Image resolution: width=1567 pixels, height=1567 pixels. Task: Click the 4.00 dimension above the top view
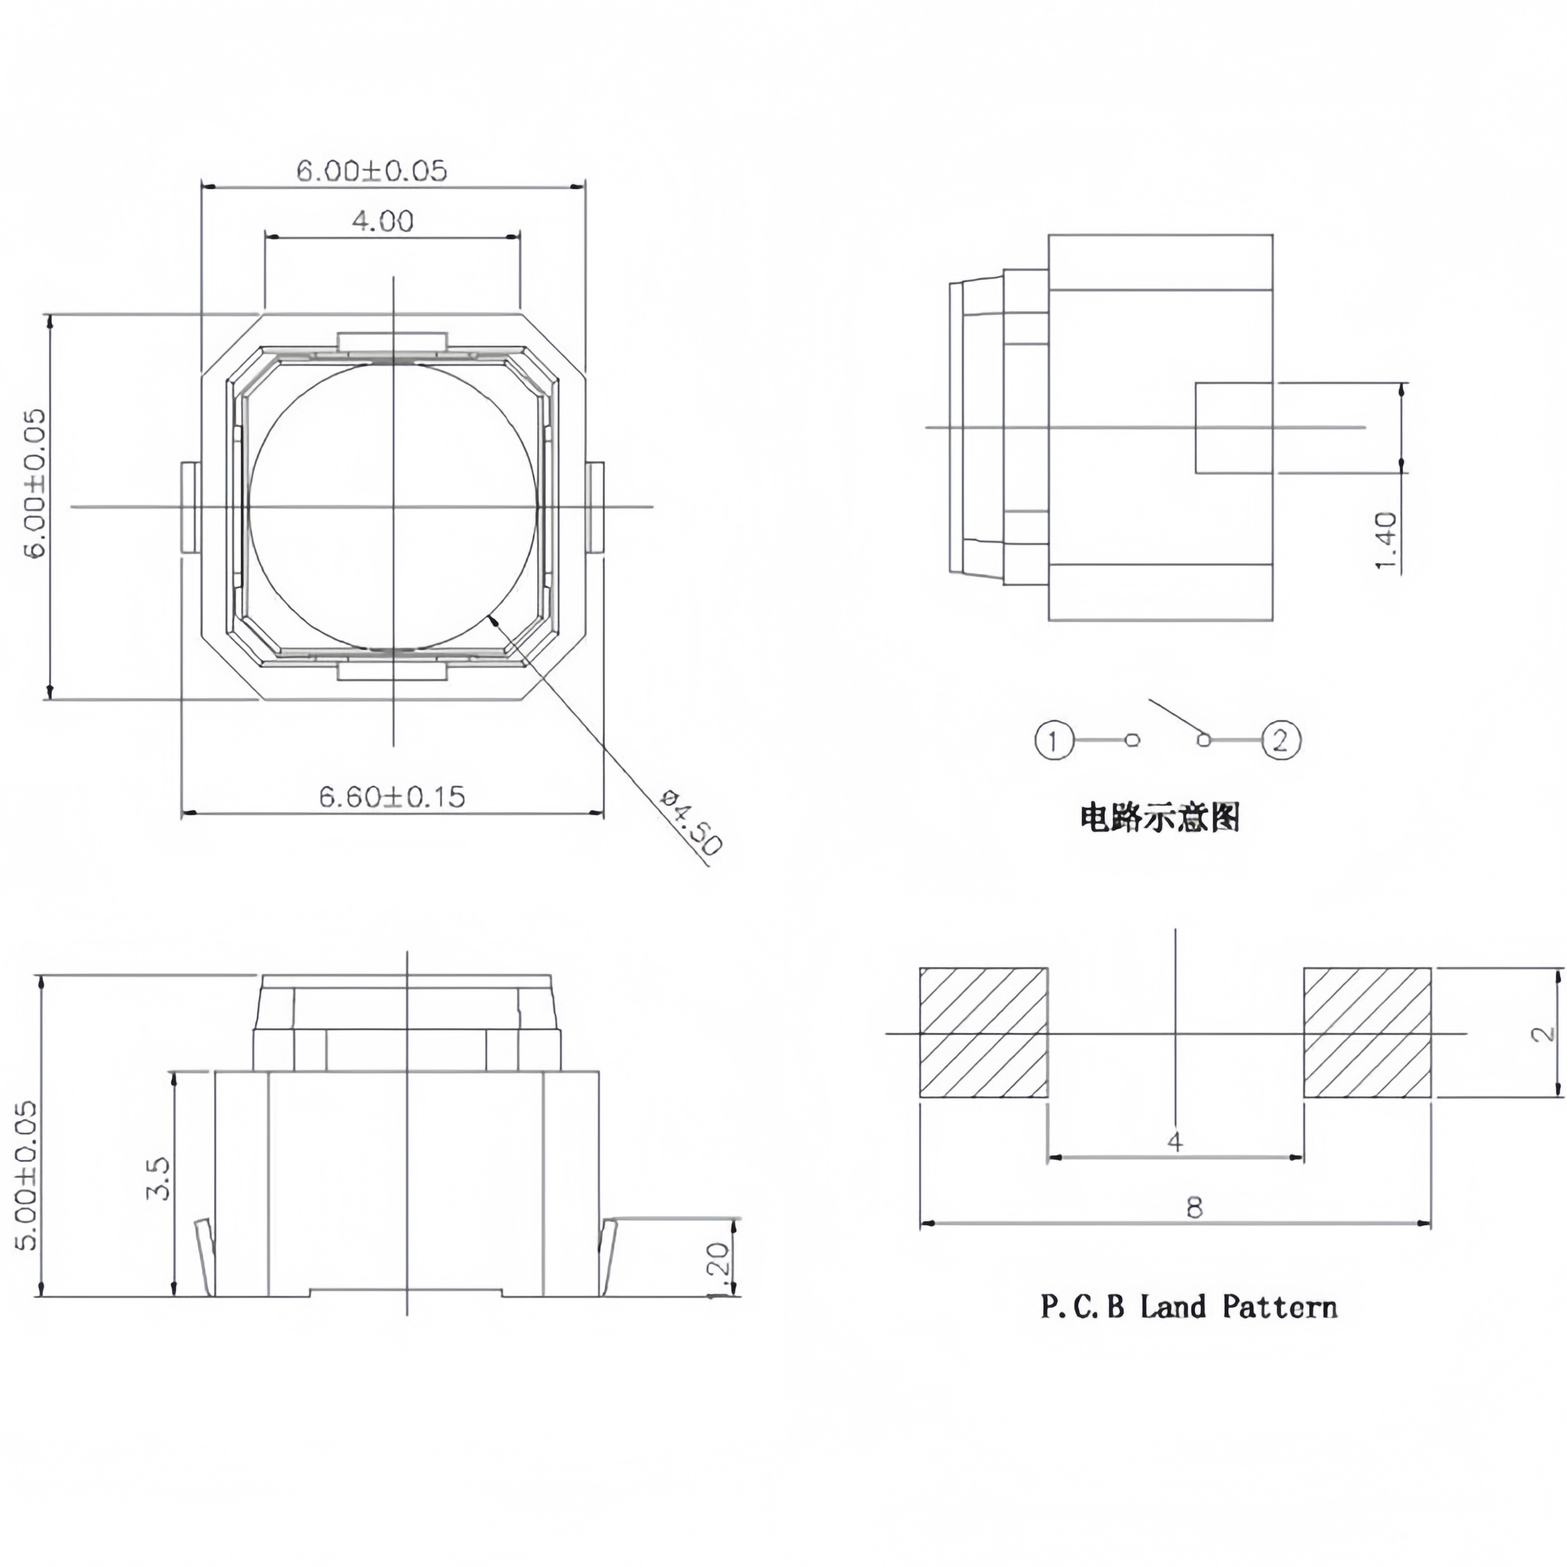(382, 221)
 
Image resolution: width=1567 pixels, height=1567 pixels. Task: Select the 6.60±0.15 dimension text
(392, 796)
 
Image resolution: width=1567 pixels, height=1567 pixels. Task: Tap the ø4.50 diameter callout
(690, 823)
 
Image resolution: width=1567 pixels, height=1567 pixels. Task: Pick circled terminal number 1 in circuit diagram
(1053, 740)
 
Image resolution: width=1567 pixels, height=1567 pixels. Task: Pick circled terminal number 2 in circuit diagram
(1281, 740)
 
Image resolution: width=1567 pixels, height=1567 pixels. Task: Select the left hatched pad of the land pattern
(983, 1032)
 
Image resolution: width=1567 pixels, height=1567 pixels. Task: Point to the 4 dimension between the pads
(1175, 1142)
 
